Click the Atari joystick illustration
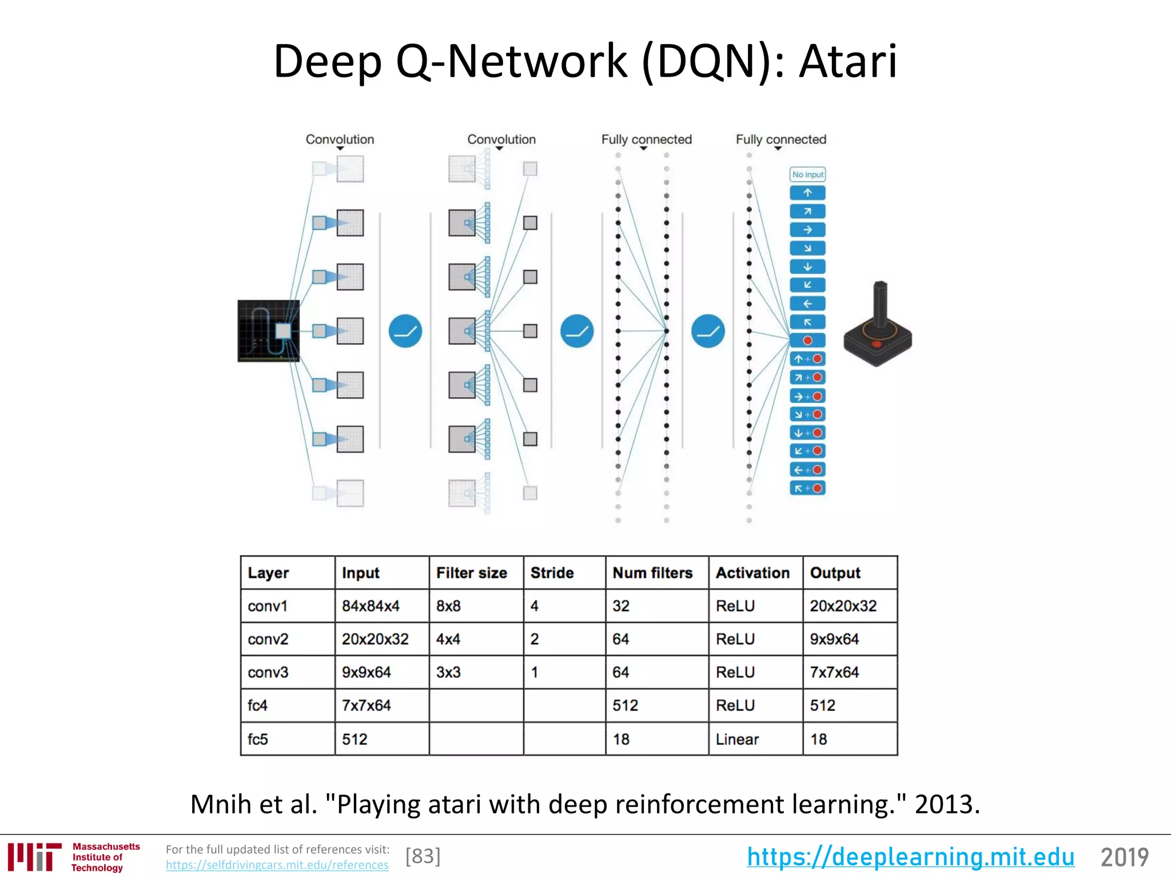[x=878, y=326]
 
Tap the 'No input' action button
[x=807, y=174]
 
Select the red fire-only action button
[x=807, y=341]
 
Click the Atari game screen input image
[x=268, y=331]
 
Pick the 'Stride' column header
[x=552, y=573]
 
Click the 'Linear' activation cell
[x=738, y=739]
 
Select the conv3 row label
[x=268, y=672]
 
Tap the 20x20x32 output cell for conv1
[x=843, y=606]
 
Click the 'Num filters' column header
[x=652, y=573]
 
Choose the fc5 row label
[x=258, y=739]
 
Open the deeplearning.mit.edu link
[x=910, y=857]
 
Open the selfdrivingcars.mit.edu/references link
[x=277, y=865]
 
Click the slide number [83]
[x=423, y=856]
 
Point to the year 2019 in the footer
[x=1124, y=857]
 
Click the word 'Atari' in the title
[x=848, y=61]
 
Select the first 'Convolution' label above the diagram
[x=340, y=139]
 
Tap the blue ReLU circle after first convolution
[x=405, y=331]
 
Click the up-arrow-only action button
[x=807, y=193]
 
